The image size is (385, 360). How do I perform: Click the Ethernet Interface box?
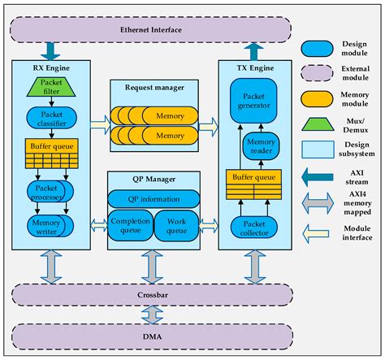coord(152,30)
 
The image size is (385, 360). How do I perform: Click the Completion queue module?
coord(131,224)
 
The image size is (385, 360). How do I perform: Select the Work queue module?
coord(177,224)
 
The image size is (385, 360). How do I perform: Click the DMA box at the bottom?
coord(152,333)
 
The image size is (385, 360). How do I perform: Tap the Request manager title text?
coord(154,85)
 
